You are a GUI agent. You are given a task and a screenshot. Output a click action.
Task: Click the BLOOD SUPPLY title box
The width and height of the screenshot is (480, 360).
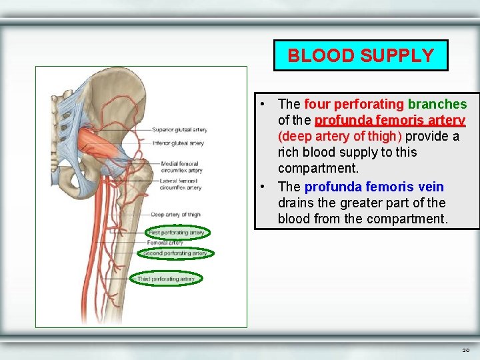(x=361, y=55)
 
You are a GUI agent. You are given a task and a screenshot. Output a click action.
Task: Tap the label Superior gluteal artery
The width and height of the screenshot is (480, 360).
(x=179, y=130)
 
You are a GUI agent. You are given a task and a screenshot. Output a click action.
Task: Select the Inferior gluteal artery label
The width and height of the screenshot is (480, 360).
(x=177, y=143)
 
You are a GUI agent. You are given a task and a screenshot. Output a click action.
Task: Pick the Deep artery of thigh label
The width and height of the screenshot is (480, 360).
(x=175, y=215)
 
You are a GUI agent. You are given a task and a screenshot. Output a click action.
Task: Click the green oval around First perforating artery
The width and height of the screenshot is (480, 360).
(x=177, y=233)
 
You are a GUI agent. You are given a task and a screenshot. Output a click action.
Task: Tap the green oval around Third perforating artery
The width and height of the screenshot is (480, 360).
(x=166, y=279)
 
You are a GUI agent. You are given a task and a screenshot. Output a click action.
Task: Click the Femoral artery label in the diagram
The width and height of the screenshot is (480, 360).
(x=167, y=243)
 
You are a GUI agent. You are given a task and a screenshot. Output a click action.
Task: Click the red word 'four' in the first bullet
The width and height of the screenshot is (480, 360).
(x=317, y=104)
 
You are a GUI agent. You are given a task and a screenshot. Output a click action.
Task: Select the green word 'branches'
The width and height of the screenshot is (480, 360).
(x=437, y=104)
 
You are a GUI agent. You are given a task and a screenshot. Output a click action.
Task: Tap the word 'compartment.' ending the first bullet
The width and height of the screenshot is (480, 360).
(x=318, y=168)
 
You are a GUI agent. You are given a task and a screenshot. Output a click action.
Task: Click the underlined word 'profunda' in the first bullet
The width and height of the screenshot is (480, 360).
(x=340, y=120)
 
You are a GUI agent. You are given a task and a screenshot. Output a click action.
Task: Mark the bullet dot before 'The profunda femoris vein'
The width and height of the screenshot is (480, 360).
(x=265, y=187)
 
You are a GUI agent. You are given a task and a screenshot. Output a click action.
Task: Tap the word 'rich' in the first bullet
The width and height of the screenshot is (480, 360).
(x=289, y=152)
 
